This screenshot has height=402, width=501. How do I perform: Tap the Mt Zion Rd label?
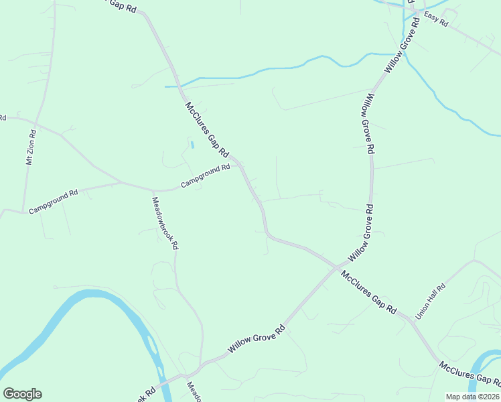click(x=31, y=148)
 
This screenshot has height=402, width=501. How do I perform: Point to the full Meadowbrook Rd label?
click(x=165, y=223)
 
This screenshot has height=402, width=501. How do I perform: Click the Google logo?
click(x=22, y=394)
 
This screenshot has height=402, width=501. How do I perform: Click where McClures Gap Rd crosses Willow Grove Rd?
click(x=337, y=267)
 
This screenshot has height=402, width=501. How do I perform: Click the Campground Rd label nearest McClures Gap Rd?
click(x=205, y=176)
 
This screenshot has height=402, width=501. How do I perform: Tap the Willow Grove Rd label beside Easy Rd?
click(x=401, y=45)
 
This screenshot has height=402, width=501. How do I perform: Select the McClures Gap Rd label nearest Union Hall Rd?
click(x=368, y=293)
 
